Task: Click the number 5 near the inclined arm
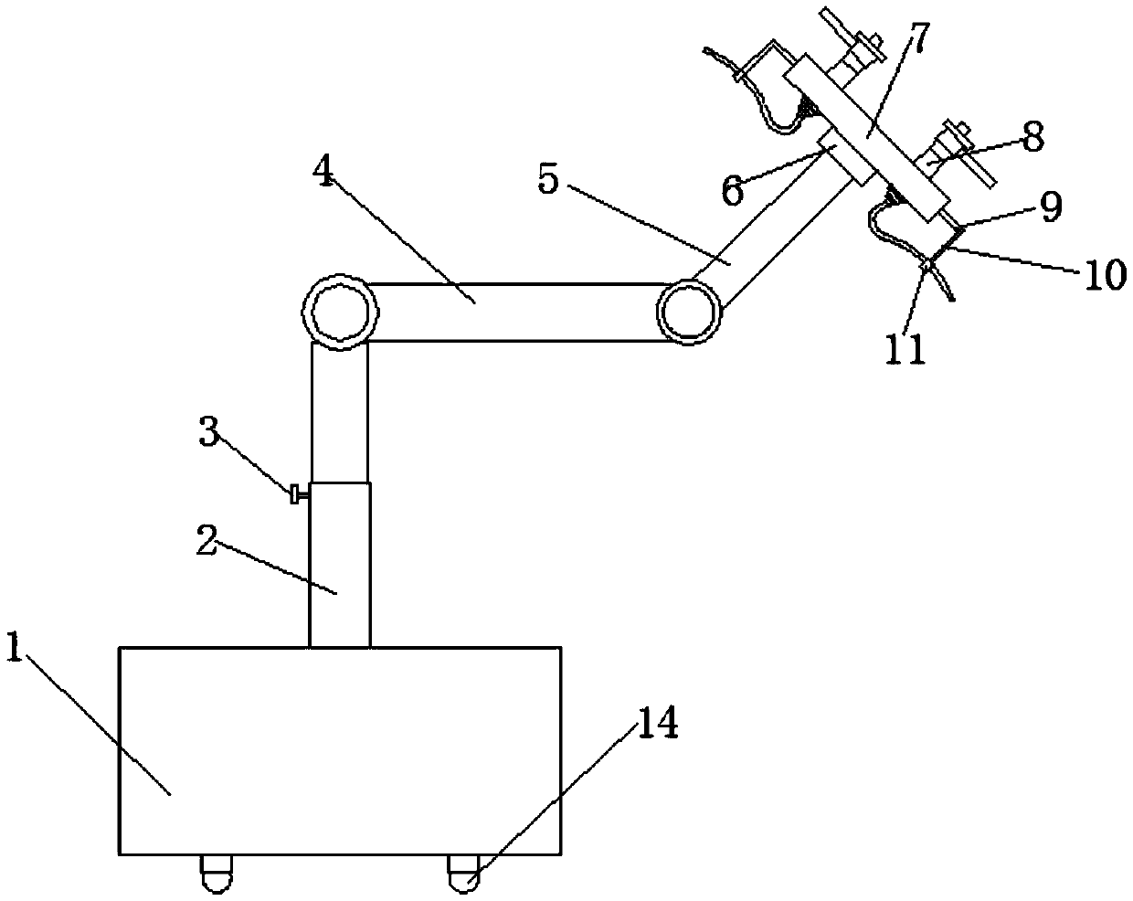(x=547, y=179)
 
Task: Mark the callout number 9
(x=1050, y=207)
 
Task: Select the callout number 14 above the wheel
(x=657, y=723)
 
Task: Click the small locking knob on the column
(x=297, y=495)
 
